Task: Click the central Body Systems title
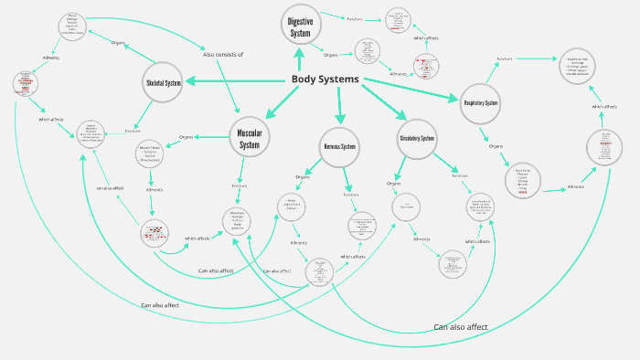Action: pos(325,79)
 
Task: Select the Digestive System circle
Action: pos(300,27)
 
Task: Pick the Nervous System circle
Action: pos(339,146)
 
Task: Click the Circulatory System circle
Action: pos(416,138)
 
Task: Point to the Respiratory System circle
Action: pos(480,102)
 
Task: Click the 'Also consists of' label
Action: pos(223,55)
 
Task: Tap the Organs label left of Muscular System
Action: pos(187,137)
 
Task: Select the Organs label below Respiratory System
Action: pos(496,146)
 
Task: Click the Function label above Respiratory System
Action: pos(505,59)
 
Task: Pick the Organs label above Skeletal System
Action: pos(118,43)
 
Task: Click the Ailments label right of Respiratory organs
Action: pos(576,186)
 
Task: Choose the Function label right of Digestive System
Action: pos(355,18)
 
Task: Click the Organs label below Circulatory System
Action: pos(393,184)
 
